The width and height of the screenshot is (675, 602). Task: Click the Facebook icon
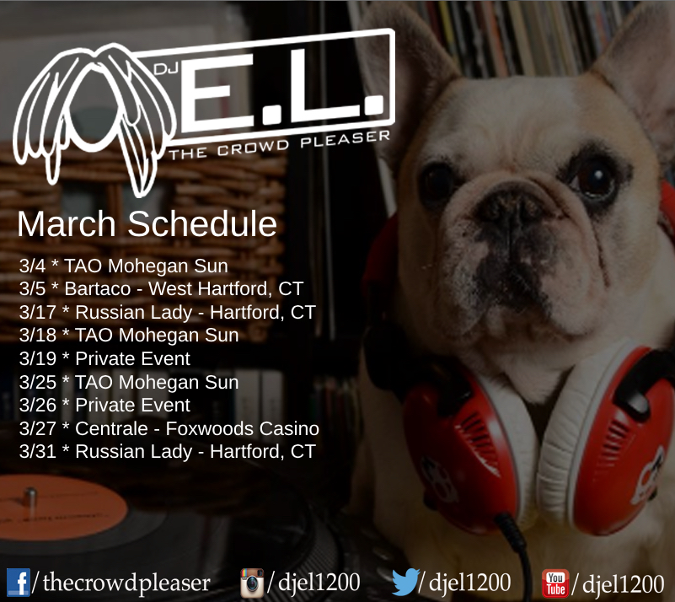click(x=18, y=583)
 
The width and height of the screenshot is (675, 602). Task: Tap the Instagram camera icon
click(x=252, y=583)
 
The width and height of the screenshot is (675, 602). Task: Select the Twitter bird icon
click(x=405, y=581)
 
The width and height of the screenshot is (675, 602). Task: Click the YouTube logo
click(x=555, y=583)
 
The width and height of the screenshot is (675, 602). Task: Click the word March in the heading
click(x=67, y=224)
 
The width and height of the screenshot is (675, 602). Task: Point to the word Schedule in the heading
click(x=202, y=224)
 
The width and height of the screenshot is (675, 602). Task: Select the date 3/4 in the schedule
click(x=32, y=266)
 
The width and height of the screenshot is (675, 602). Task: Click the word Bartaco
click(x=97, y=289)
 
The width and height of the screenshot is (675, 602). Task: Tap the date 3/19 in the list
click(x=37, y=358)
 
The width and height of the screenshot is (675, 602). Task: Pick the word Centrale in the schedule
click(x=111, y=428)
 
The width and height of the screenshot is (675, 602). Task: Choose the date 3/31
click(x=37, y=452)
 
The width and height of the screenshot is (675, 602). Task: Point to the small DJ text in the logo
click(x=166, y=69)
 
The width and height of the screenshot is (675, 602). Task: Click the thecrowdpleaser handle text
click(x=126, y=583)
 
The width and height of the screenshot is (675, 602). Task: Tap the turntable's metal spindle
click(x=30, y=500)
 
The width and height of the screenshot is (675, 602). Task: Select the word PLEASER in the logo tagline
click(x=346, y=139)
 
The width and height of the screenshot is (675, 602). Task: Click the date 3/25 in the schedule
click(x=37, y=382)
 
